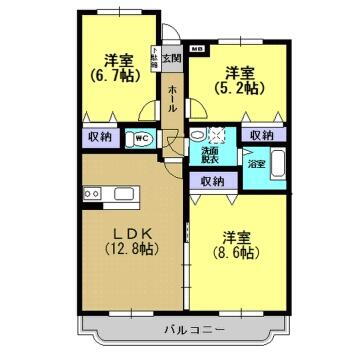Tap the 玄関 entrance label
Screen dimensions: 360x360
[x=172, y=57]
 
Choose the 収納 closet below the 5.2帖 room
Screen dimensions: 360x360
[x=262, y=134]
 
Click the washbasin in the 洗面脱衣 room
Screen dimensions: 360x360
[x=198, y=136]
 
